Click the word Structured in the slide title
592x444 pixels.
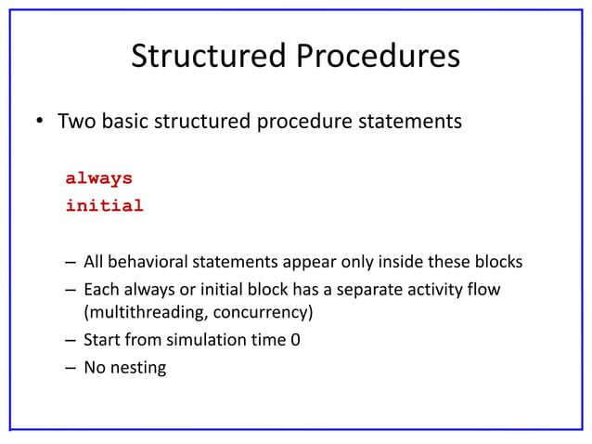click(209, 57)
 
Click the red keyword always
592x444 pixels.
click(98, 178)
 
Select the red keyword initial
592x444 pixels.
click(104, 206)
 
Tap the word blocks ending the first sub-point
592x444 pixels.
click(498, 262)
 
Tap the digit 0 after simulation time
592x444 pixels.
click(295, 340)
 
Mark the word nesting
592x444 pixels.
click(138, 368)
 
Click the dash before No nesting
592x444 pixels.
click(70, 368)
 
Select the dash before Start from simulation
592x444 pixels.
click(70, 340)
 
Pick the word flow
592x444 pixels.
click(483, 290)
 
